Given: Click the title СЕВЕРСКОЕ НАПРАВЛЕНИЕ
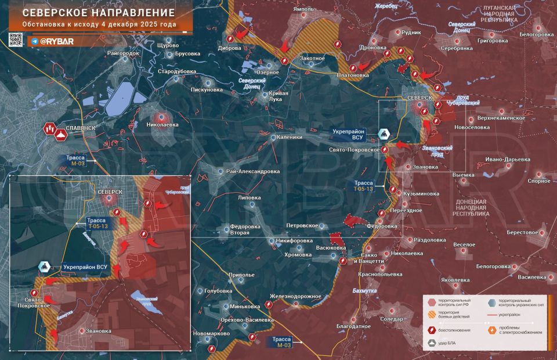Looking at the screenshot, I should pyautogui.click(x=94, y=12).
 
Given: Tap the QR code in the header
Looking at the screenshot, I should pyautogui.click(x=16, y=39).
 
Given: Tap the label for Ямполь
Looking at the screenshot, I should pyautogui.click(x=303, y=9).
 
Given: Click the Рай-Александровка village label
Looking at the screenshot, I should pyautogui.click(x=253, y=172).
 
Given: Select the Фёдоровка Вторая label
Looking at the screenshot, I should pyautogui.click(x=232, y=229).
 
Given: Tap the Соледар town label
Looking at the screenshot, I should pyautogui.click(x=392, y=319).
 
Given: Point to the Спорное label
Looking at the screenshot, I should pyautogui.click(x=539, y=181).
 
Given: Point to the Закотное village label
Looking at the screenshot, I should pyautogui.click(x=312, y=59).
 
